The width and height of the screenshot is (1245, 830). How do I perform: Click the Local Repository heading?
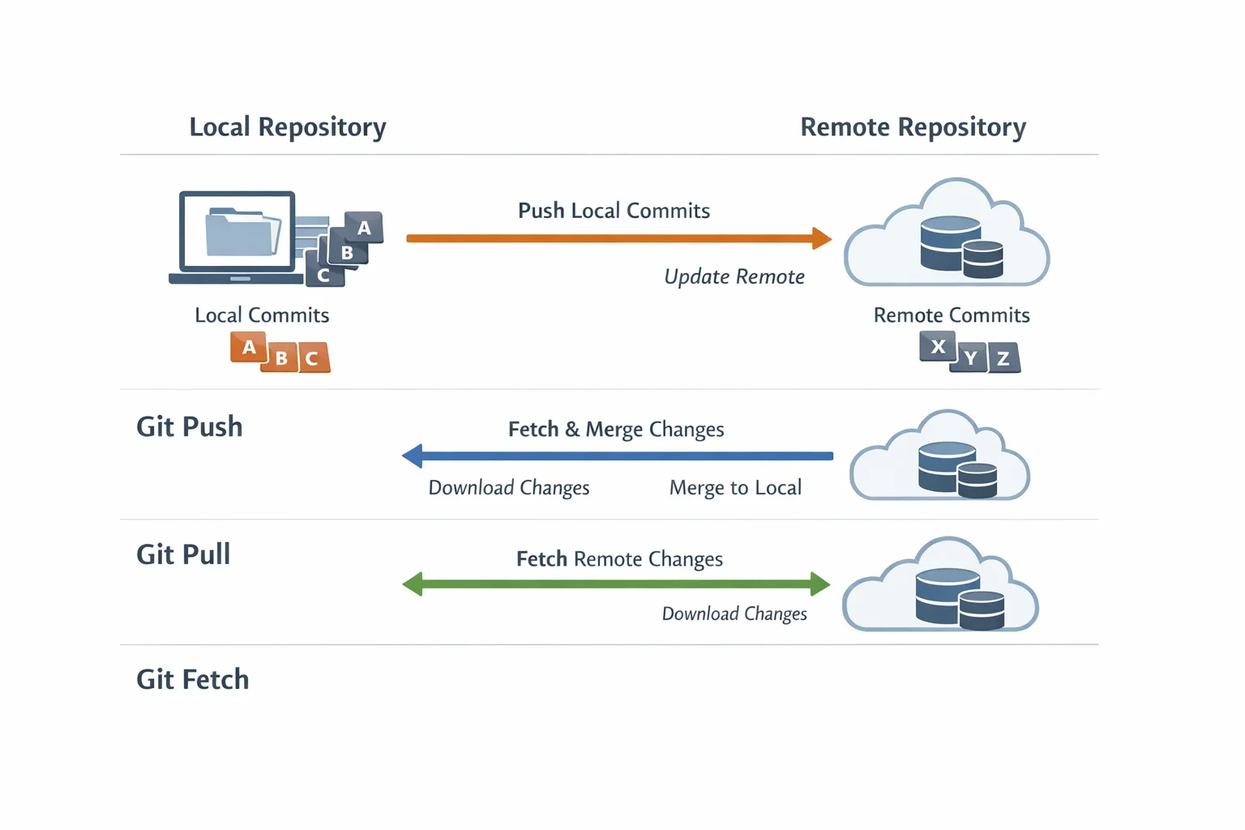288,127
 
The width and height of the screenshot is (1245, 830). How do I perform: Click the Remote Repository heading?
913,127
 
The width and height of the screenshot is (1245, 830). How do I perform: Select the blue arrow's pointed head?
412,456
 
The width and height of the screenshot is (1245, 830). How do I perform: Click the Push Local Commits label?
614,211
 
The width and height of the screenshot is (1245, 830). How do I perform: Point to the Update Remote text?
734,276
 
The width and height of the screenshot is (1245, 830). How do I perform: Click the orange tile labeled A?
249,348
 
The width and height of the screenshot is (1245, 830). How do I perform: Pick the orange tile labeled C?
314,357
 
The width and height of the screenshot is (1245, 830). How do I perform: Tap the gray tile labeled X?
938,346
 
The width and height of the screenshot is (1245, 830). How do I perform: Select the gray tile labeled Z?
1003,357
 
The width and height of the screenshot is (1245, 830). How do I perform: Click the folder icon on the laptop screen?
242,232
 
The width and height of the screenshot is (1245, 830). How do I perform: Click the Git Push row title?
190,427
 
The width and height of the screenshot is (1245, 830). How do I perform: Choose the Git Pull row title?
183,554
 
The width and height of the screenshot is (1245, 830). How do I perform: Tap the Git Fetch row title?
193,679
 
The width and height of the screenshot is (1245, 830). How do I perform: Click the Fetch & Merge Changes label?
616,429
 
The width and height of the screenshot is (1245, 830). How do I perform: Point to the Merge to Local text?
735,488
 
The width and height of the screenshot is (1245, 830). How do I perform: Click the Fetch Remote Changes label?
619,558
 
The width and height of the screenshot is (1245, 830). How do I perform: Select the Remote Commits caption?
952,315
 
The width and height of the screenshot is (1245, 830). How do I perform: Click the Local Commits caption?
262,315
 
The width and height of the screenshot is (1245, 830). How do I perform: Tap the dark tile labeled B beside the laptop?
348,250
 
